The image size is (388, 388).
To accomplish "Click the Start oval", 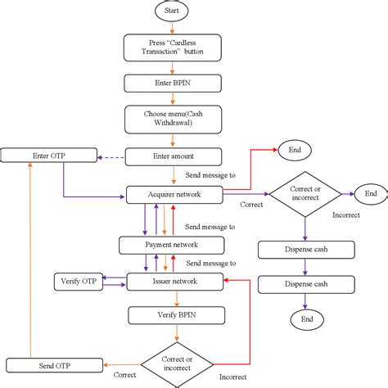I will tap(173, 11).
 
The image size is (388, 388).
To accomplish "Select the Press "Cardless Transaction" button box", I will tap(173, 47).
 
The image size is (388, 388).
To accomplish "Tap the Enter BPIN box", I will tap(173, 83).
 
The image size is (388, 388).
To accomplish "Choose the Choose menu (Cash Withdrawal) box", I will tap(173, 119).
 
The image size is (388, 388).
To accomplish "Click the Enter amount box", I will tap(173, 155).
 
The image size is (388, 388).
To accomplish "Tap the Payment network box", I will tap(170, 245).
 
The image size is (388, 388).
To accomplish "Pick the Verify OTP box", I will tap(78, 281).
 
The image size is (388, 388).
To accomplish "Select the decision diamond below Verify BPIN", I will tap(177, 363).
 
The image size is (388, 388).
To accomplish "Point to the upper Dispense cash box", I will tap(305, 250).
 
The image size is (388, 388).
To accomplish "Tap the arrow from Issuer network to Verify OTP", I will tap(114, 281).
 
